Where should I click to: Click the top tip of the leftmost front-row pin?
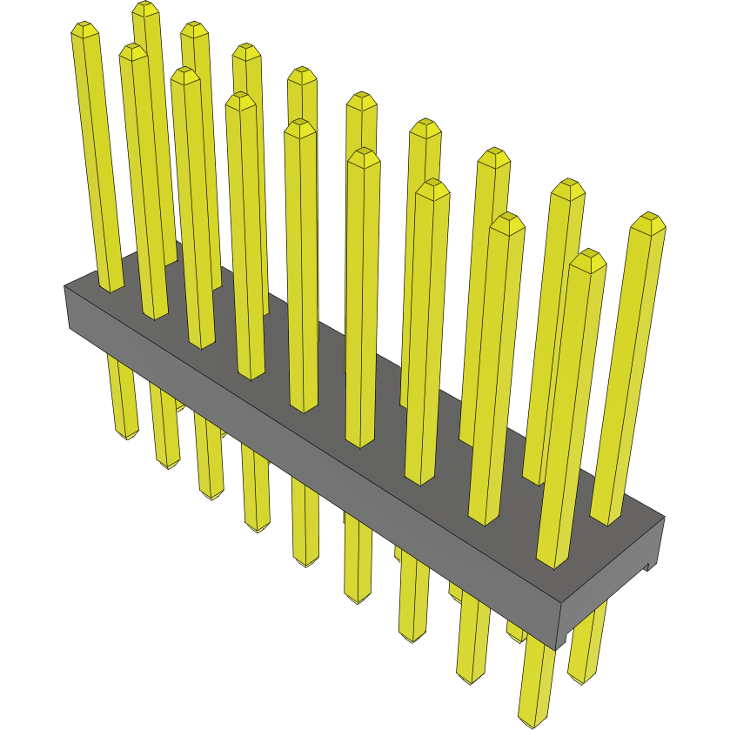pos(84,28)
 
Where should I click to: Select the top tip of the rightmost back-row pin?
pos(646,218)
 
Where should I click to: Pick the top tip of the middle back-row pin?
pos(361,97)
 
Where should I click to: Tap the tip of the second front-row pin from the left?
pos(133,50)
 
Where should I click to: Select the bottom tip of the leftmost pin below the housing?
pos(127,434)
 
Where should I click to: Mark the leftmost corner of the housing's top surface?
pos(66,285)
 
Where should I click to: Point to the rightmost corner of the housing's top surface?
pos(664,517)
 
